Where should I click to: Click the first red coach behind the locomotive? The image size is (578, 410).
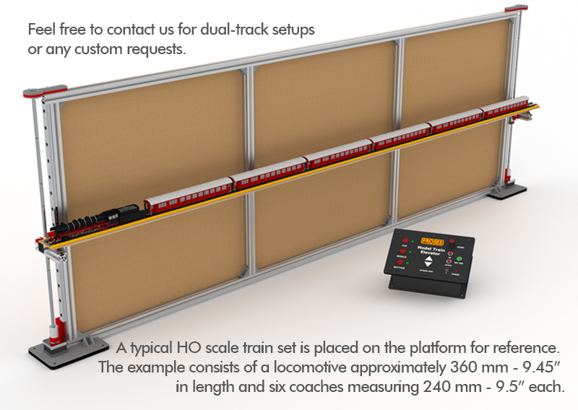186,196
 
